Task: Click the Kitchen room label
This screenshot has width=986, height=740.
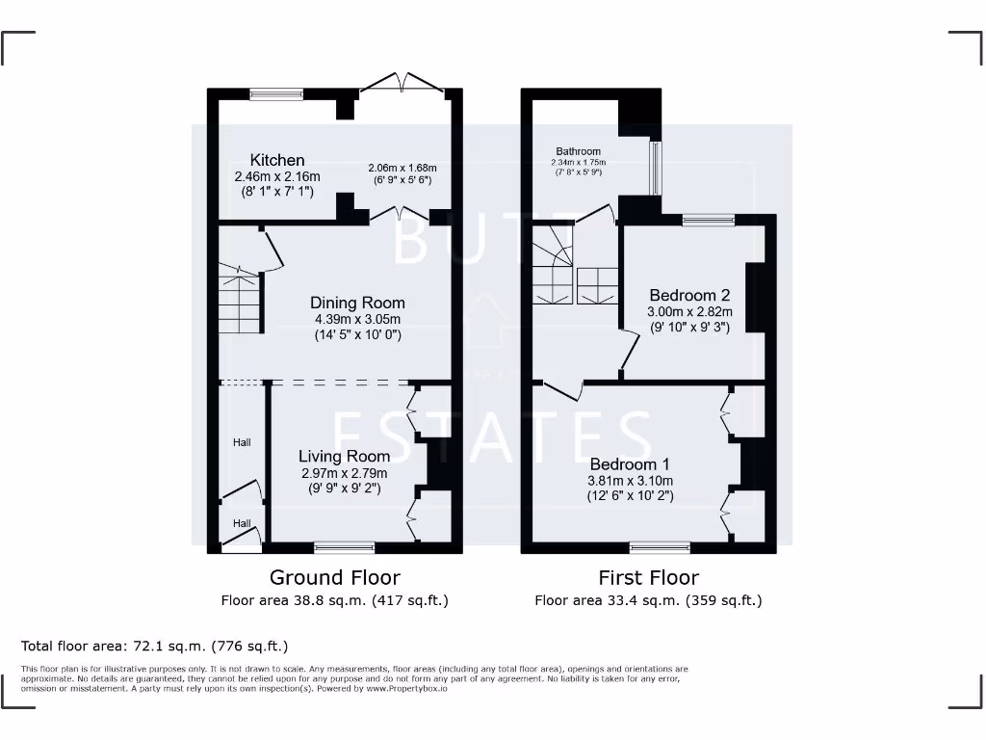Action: tap(277, 160)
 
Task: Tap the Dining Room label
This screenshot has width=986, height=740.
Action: tap(357, 303)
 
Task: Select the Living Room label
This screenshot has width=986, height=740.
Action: tap(344, 456)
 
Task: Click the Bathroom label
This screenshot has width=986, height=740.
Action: tap(578, 151)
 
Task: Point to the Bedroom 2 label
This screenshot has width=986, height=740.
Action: tap(689, 295)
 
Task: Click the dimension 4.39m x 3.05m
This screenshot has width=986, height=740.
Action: tap(357, 319)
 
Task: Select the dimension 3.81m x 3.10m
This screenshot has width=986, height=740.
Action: tap(630, 481)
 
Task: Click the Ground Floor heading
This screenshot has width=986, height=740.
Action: tap(334, 577)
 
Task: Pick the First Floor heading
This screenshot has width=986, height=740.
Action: tap(648, 577)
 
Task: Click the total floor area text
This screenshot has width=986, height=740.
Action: tap(154, 646)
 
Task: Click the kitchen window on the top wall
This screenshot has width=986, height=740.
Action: tap(276, 93)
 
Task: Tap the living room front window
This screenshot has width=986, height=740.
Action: tap(345, 548)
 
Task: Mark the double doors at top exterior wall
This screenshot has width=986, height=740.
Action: tap(402, 85)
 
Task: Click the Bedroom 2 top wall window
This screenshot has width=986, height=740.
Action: tap(710, 220)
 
